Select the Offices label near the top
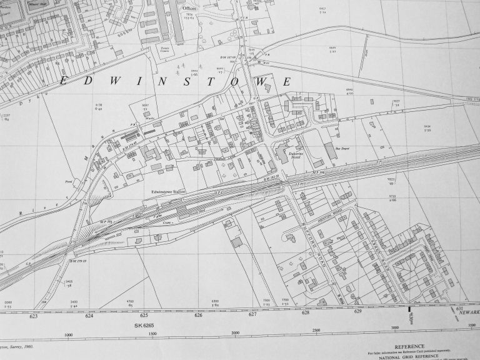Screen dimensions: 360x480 point(189,8)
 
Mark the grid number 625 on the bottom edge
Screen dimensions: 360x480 point(144,316)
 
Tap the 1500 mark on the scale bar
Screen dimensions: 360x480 point(152,334)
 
